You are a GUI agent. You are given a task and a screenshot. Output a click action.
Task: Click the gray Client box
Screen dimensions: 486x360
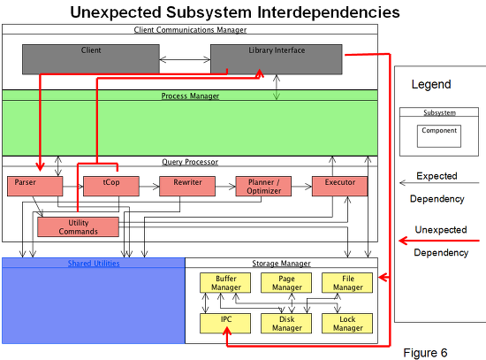[x=91, y=59]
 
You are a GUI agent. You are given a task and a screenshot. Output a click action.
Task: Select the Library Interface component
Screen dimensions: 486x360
[x=277, y=59]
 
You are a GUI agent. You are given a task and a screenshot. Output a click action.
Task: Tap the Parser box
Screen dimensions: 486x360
[x=35, y=187]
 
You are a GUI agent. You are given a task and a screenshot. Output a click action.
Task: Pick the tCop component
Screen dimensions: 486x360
[x=111, y=187]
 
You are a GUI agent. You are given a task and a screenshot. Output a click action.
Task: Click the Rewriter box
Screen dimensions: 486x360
[x=187, y=187]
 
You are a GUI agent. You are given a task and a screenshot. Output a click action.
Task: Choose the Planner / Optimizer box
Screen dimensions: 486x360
[x=263, y=187]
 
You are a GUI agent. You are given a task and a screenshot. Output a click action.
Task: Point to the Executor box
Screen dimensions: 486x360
[x=339, y=187]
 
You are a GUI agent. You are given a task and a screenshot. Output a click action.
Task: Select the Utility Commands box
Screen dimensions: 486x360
[x=78, y=226]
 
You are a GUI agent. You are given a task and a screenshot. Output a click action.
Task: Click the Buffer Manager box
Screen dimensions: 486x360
[x=225, y=283]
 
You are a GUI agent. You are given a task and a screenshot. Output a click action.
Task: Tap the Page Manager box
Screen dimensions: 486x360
[x=286, y=283]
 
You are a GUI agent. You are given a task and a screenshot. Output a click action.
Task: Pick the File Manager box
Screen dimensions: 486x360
[x=347, y=283]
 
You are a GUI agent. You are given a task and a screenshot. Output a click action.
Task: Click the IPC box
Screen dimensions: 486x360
[x=225, y=324]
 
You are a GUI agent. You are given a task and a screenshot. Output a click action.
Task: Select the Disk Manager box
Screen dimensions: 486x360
[x=286, y=324]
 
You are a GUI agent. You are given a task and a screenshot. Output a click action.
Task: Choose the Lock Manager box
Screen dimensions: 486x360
[x=347, y=324]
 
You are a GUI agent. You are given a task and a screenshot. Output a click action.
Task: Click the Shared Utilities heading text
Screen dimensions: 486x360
[x=94, y=264]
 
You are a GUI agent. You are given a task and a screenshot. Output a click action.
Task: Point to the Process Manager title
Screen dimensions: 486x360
[x=190, y=96]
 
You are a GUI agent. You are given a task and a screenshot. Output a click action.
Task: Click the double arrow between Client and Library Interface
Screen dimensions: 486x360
[x=185, y=59]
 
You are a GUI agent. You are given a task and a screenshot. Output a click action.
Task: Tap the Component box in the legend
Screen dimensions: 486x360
[x=439, y=136]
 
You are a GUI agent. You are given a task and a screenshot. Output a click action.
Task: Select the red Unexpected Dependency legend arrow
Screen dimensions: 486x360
[x=439, y=241]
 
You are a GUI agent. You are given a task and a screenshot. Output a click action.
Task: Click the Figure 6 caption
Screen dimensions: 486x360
[x=425, y=353]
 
